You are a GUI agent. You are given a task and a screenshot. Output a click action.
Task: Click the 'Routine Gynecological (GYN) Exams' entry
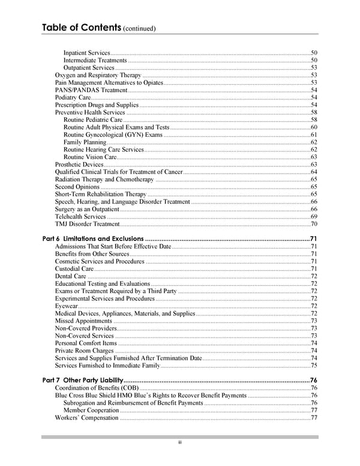click(x=113, y=135)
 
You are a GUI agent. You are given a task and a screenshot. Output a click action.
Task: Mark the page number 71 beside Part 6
click(x=313, y=240)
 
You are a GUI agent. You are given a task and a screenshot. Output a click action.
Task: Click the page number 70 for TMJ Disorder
click(x=314, y=224)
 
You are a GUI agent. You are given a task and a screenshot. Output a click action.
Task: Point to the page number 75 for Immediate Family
click(x=314, y=366)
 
